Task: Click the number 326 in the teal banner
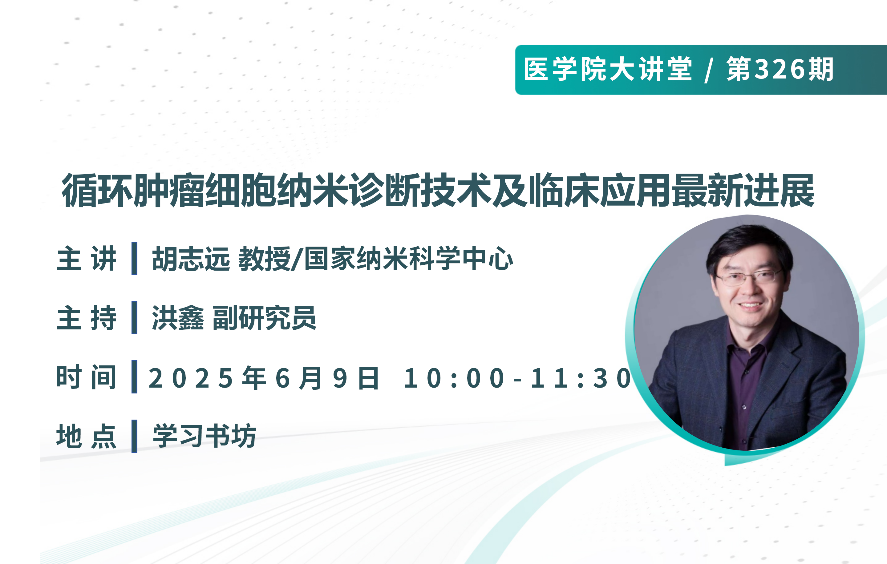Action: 780,69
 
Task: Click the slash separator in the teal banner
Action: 708,70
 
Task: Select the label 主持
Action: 87,318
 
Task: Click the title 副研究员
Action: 265,318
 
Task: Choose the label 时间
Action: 87,377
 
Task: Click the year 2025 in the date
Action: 191,378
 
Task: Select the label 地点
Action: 87,436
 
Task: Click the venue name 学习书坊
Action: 205,436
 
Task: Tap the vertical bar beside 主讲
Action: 135,258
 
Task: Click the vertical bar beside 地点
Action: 135,436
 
